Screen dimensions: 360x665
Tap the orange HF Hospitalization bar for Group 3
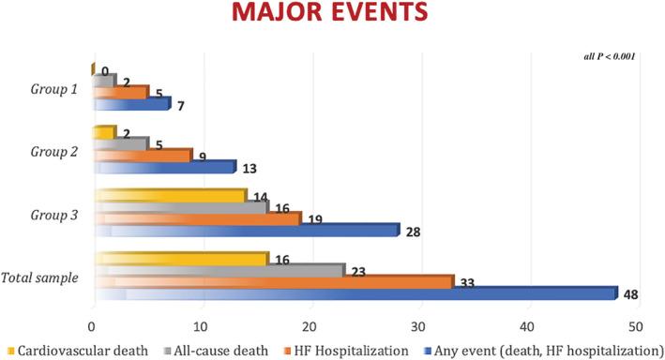196,218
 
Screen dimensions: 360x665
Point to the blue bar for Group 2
163,167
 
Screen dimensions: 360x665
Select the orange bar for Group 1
120,92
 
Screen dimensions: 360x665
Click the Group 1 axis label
53,94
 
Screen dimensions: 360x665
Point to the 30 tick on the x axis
418,327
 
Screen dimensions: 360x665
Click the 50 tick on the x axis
636,327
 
